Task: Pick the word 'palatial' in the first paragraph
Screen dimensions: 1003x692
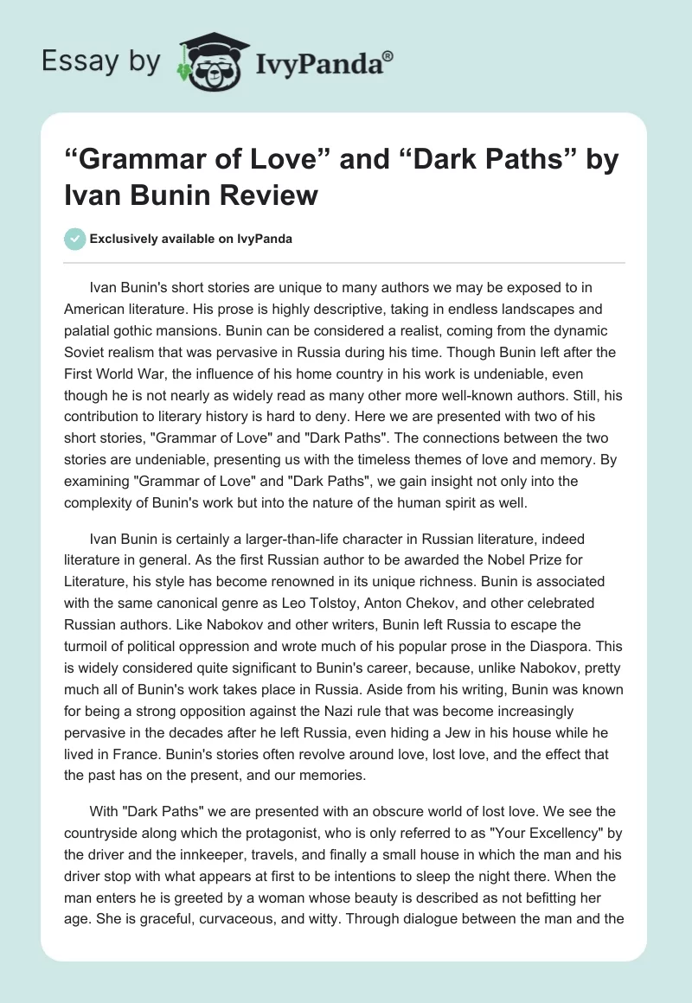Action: click(91, 331)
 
